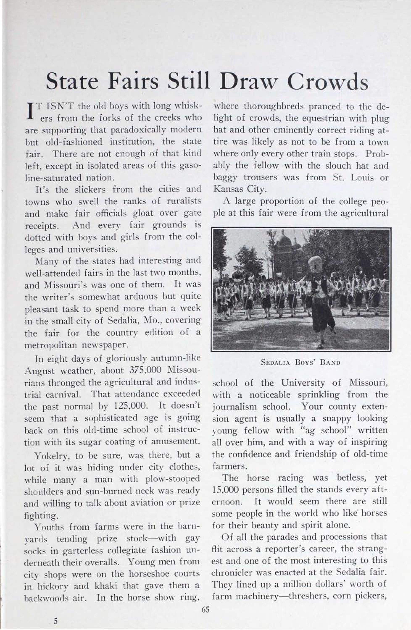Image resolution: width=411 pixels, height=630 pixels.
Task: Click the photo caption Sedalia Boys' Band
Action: click(x=300, y=362)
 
